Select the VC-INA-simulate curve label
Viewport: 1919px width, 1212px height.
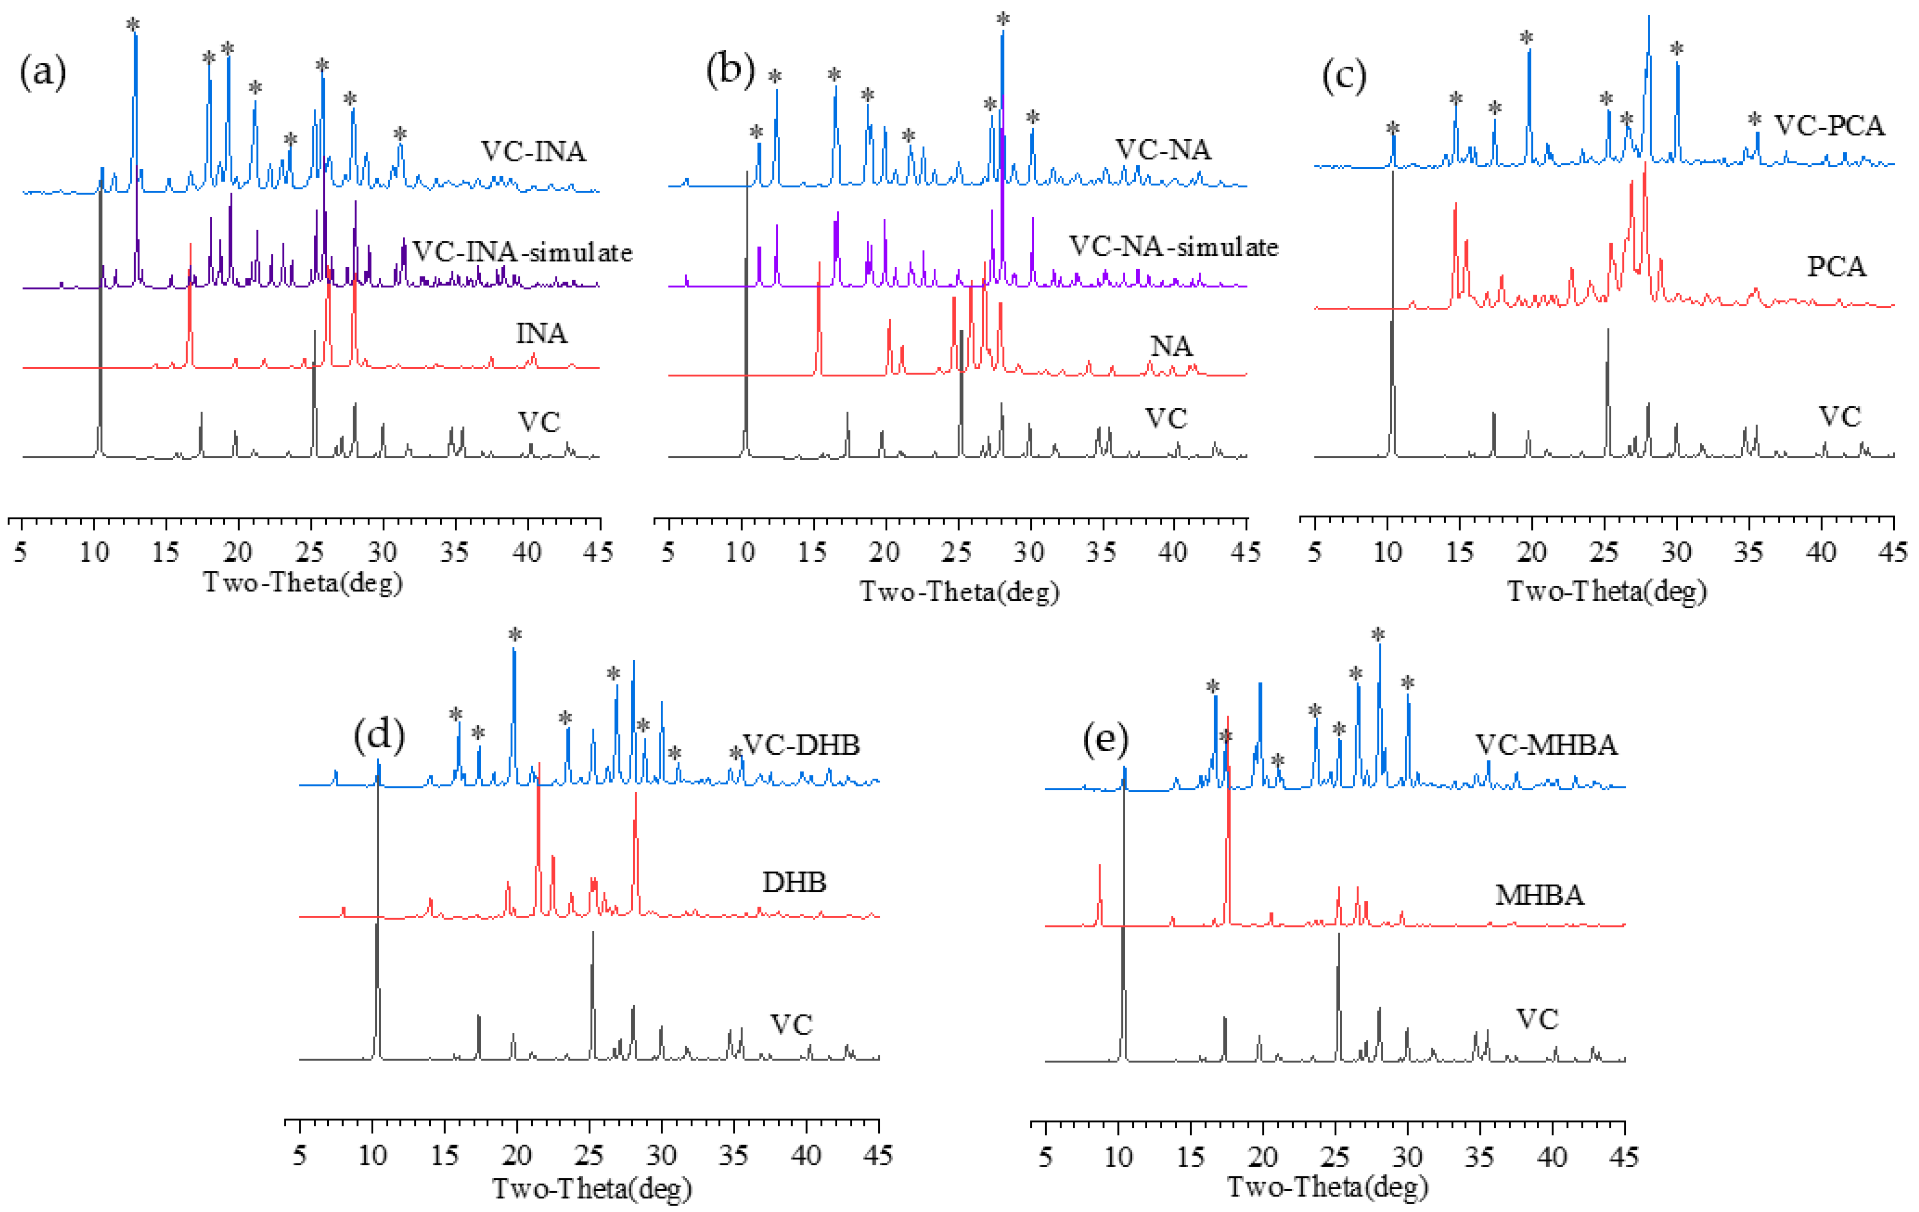pyautogui.click(x=522, y=252)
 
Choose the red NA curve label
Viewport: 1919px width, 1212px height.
pyautogui.click(x=1171, y=346)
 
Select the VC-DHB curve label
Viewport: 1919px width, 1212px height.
pyautogui.click(x=801, y=744)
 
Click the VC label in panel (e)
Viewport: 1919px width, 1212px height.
pyautogui.click(x=1536, y=1018)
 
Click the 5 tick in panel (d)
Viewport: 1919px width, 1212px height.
pyautogui.click(x=299, y=1155)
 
